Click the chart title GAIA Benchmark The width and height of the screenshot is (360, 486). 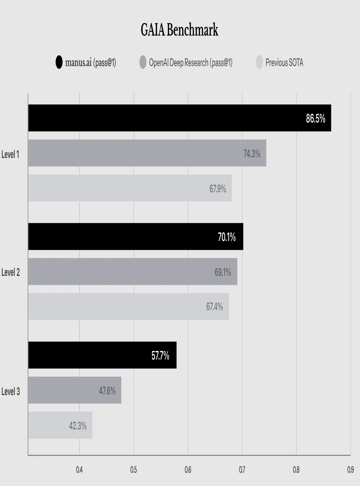pos(180,30)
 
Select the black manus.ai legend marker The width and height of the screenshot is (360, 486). pos(59,62)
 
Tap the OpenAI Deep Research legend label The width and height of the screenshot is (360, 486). pos(191,63)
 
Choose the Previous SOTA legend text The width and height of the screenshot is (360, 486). pos(284,63)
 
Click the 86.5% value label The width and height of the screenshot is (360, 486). pos(315,118)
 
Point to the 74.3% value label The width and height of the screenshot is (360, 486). pos(252,154)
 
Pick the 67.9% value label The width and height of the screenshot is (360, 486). pos(217,189)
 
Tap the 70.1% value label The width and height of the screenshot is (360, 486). pos(226,237)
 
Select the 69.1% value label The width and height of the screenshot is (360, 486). pos(222,272)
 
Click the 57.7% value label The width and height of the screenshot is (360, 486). pos(160,356)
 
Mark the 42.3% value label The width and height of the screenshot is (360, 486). pos(78,426)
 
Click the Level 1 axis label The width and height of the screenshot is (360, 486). pos(10,154)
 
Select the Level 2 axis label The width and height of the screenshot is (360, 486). pos(10,273)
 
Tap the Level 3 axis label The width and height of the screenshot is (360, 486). pos(10,391)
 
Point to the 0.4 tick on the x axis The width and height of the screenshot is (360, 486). pos(79,470)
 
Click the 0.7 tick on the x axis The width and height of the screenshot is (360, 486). pos(242,470)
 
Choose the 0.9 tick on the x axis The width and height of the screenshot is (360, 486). pos(350,470)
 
